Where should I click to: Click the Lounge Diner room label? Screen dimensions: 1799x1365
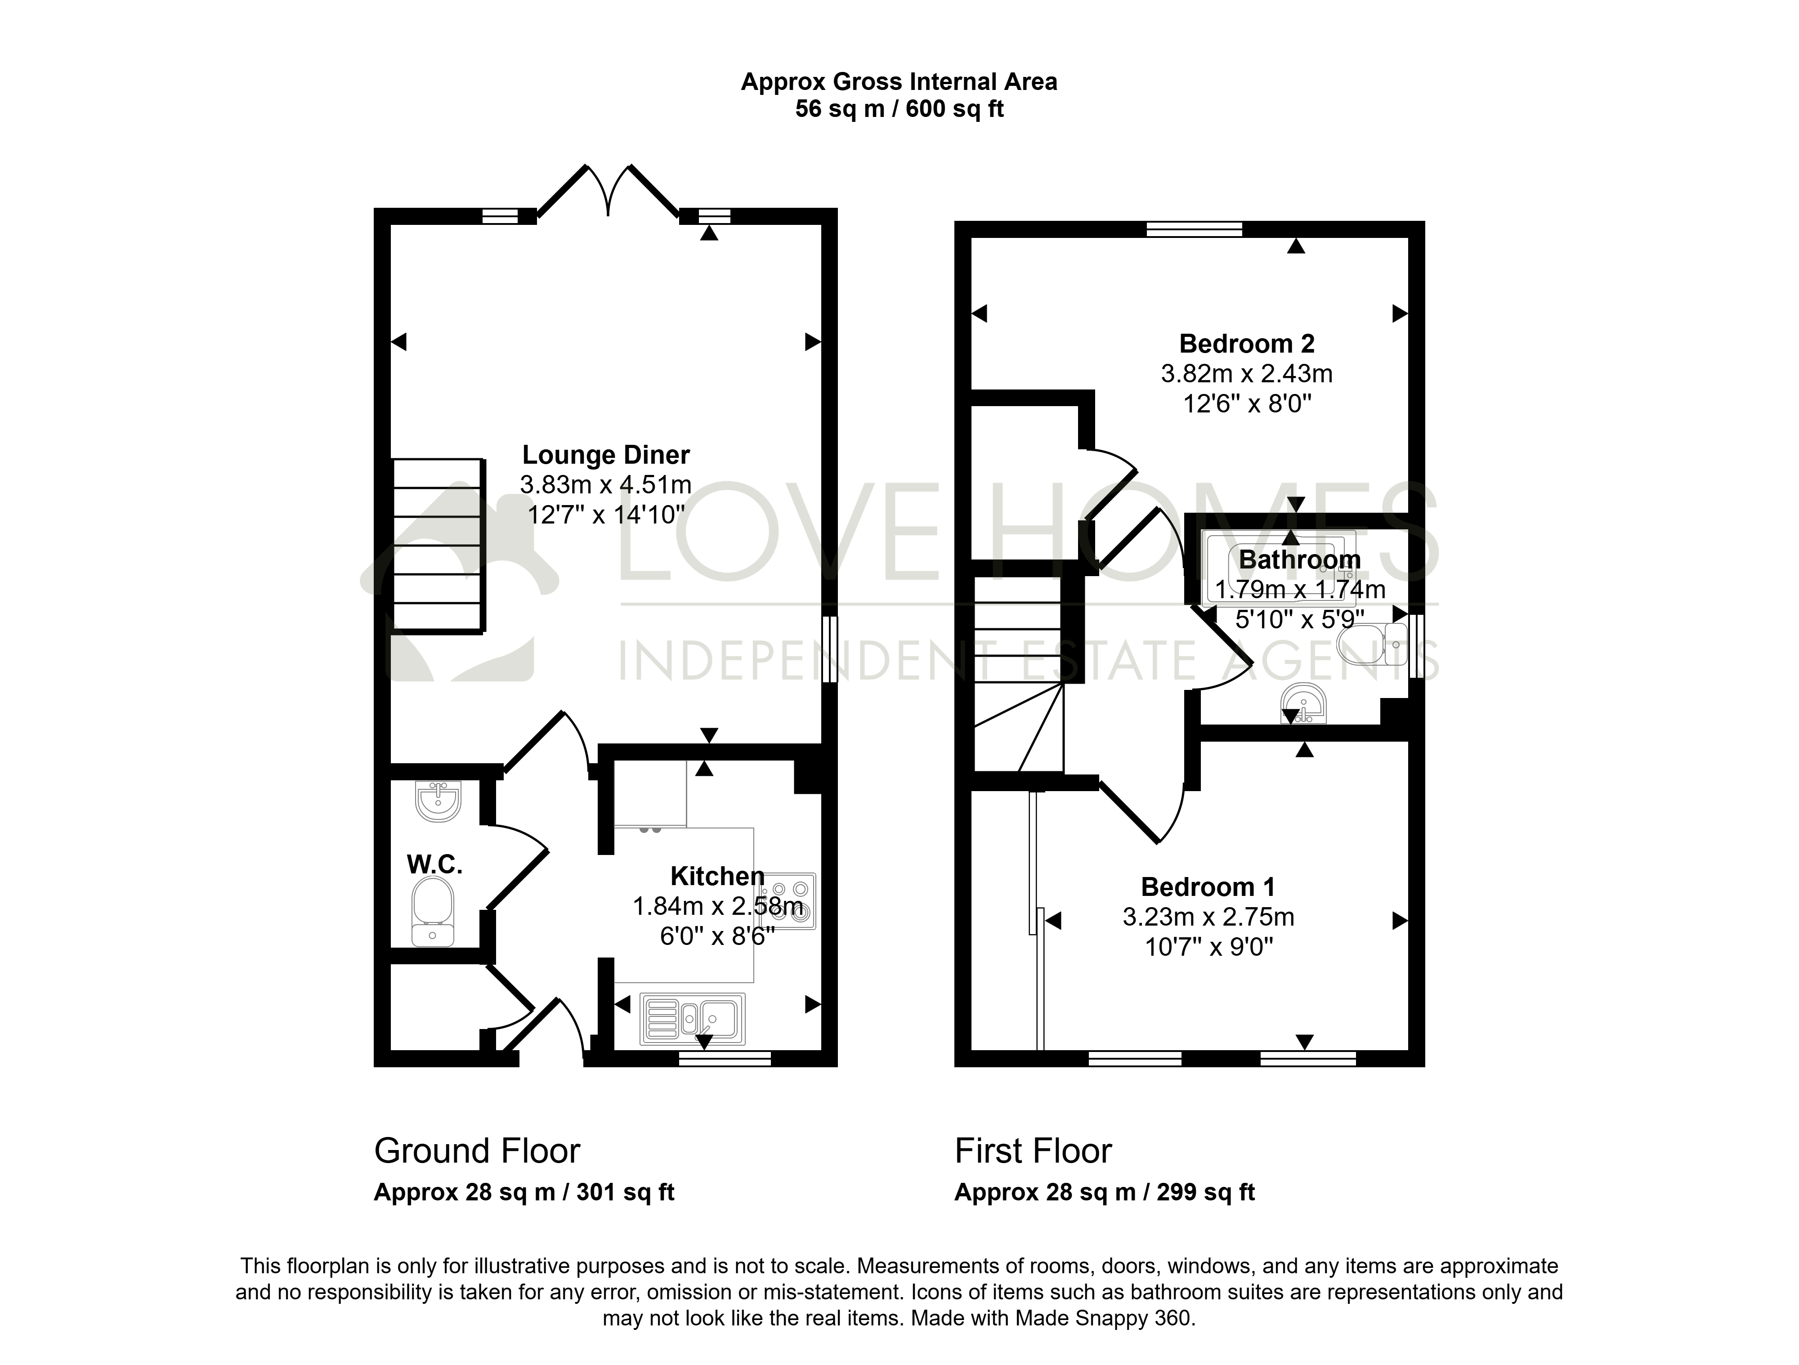tap(606, 455)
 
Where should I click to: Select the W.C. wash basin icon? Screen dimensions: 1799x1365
tap(439, 801)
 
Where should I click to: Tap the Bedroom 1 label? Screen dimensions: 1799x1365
tap(1208, 886)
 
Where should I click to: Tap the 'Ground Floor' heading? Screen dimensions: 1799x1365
tap(477, 1151)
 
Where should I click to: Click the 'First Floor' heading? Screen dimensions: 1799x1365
tap(1033, 1151)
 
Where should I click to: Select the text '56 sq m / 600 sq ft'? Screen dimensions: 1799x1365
tap(899, 109)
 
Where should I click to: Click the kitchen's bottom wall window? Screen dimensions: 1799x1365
tap(725, 1058)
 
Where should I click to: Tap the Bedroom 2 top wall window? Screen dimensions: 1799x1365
tap(1194, 228)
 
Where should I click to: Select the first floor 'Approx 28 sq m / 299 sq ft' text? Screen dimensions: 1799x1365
tap(1105, 1193)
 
